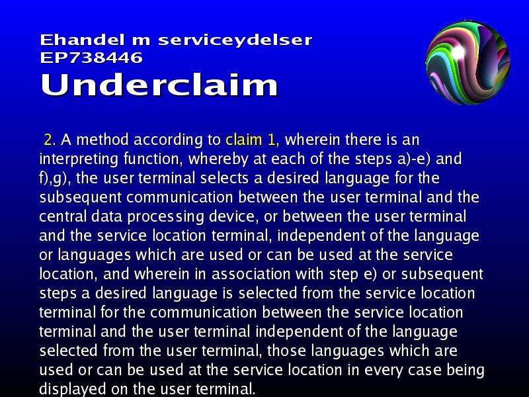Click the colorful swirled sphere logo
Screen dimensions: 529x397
pyautogui.click(x=468, y=63)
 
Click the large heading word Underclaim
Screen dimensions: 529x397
pyautogui.click(x=159, y=85)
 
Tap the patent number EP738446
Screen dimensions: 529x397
pyautogui.click(x=91, y=58)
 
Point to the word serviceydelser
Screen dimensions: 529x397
pyautogui.click(x=235, y=40)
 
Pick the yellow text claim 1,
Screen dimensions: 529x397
pyautogui.click(x=253, y=140)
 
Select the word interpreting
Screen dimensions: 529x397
pyautogui.click(x=79, y=159)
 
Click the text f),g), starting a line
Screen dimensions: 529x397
pyautogui.click(x=55, y=178)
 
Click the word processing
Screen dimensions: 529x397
pyautogui.click(x=166, y=217)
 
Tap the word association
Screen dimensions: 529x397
pyautogui.click(x=251, y=274)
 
